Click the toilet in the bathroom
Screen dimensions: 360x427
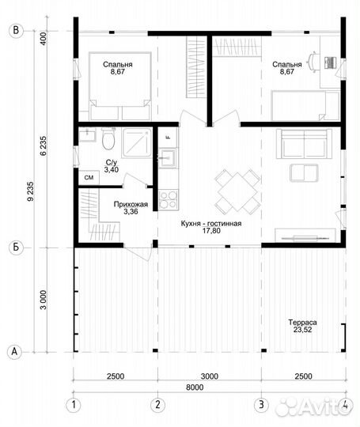point(108,138)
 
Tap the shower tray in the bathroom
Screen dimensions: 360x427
point(137,143)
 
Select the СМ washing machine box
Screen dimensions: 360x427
point(89,178)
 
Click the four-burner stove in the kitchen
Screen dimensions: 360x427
point(169,200)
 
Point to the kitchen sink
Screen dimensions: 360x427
point(168,157)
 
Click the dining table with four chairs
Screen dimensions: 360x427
point(237,191)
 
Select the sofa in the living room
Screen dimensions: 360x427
point(304,144)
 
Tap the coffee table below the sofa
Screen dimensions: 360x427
point(304,173)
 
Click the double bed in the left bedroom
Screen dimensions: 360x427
point(120,86)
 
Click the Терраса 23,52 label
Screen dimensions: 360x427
point(302,326)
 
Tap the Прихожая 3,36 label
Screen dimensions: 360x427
point(131,208)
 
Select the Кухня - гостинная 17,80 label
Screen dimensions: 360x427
point(211,227)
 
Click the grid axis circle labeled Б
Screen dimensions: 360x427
point(16,248)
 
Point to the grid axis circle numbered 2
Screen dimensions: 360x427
point(157,405)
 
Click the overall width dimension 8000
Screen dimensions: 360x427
point(195,387)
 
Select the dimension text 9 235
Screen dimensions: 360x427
point(31,191)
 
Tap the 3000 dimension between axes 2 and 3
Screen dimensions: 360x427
point(210,376)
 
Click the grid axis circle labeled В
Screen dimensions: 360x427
point(16,31)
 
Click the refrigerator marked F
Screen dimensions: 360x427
point(169,138)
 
